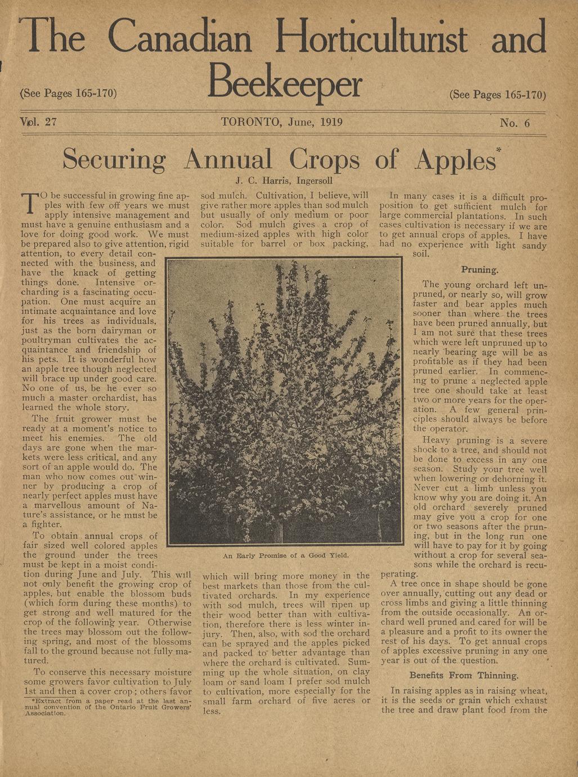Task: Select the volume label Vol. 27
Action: click(x=38, y=122)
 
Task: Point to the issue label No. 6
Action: click(x=514, y=123)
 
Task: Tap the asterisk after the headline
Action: click(x=499, y=149)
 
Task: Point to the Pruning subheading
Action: click(x=480, y=270)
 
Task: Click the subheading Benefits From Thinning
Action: click(x=464, y=675)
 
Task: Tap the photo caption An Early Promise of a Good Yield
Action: click(x=286, y=555)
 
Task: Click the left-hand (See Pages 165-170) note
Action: click(x=68, y=93)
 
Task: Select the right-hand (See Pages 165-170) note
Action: click(x=498, y=94)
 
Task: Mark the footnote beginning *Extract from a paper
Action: click(x=107, y=706)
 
